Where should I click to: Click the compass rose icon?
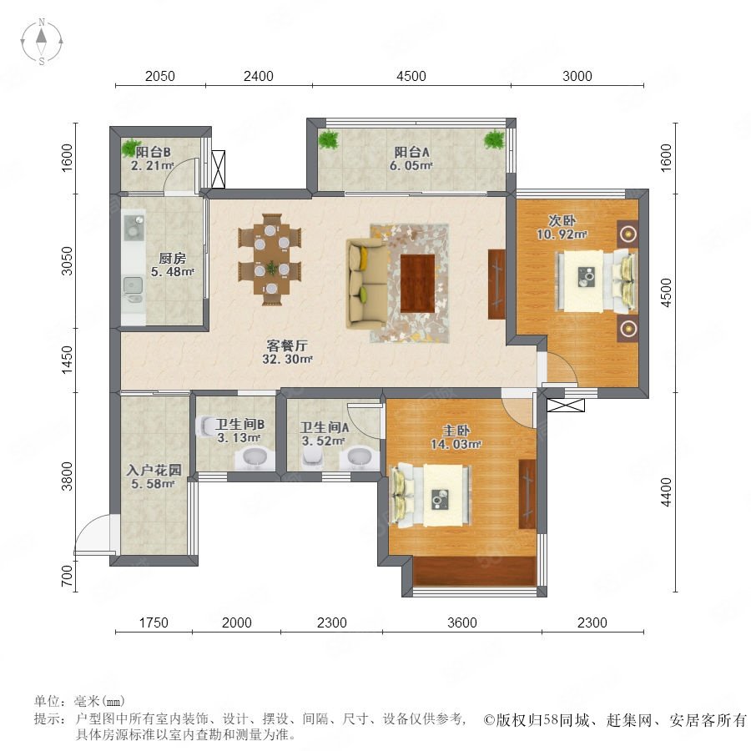pos(42,42)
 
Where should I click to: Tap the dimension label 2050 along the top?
pos(160,76)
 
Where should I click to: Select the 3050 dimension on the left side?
pos(67,261)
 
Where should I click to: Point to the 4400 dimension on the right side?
pos(666,491)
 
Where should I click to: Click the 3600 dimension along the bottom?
pos(461,622)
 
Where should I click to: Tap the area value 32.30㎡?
pos(287,359)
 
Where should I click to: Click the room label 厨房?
pos(172,258)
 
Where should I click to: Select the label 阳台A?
pos(411,153)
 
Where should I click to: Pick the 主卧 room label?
pos(456,431)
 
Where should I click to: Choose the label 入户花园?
pos(154,470)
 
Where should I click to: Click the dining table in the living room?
pos(270,260)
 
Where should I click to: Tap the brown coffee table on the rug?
pos(417,284)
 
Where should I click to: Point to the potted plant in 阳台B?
pos(130,147)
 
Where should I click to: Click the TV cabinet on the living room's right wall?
pos(496,284)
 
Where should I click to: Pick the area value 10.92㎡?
pos(562,234)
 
